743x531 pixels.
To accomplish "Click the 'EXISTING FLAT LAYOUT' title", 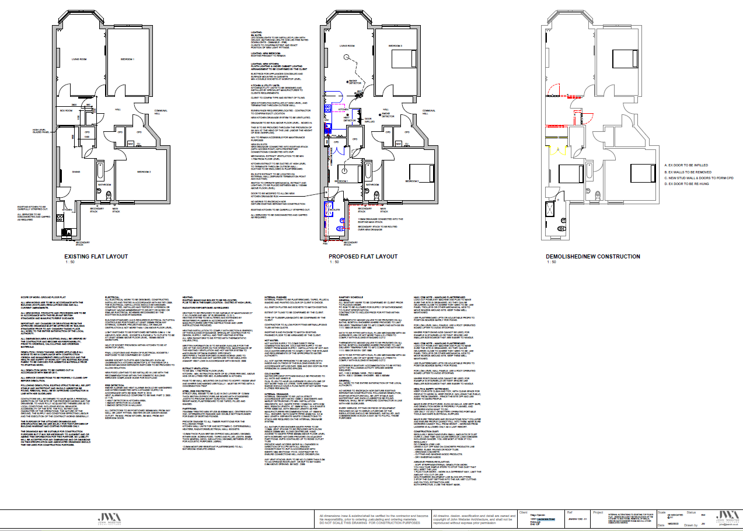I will point(92,256).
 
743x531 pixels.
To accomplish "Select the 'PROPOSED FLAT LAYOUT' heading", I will point(362,256).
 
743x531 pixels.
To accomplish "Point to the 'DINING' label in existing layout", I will point(76,172).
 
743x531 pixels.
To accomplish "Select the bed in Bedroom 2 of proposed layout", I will point(417,173).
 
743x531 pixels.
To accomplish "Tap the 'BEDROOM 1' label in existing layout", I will point(128,60).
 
